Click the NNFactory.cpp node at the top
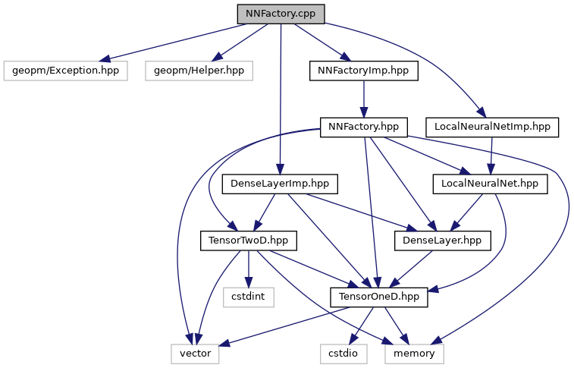(x=281, y=14)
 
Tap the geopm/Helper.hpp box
(x=199, y=71)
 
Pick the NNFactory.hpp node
(x=365, y=127)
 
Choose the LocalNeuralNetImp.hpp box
(x=492, y=127)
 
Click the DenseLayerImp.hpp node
(x=279, y=184)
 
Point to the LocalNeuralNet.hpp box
(x=490, y=184)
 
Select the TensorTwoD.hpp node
(x=248, y=241)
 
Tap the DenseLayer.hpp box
(x=443, y=241)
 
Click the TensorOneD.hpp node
(x=379, y=297)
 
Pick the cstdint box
(x=248, y=297)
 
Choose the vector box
(x=195, y=353)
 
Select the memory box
(x=414, y=353)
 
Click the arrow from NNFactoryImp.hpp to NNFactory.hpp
(x=365, y=99)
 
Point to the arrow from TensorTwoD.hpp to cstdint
(x=248, y=269)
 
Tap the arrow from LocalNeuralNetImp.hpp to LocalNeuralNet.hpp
(x=491, y=155)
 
